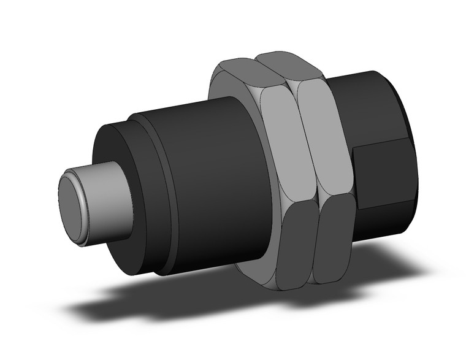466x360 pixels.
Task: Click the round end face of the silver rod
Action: [x=73, y=205]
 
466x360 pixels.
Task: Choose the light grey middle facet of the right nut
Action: [x=325, y=141]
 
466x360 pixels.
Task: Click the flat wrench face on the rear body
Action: [x=383, y=175]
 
